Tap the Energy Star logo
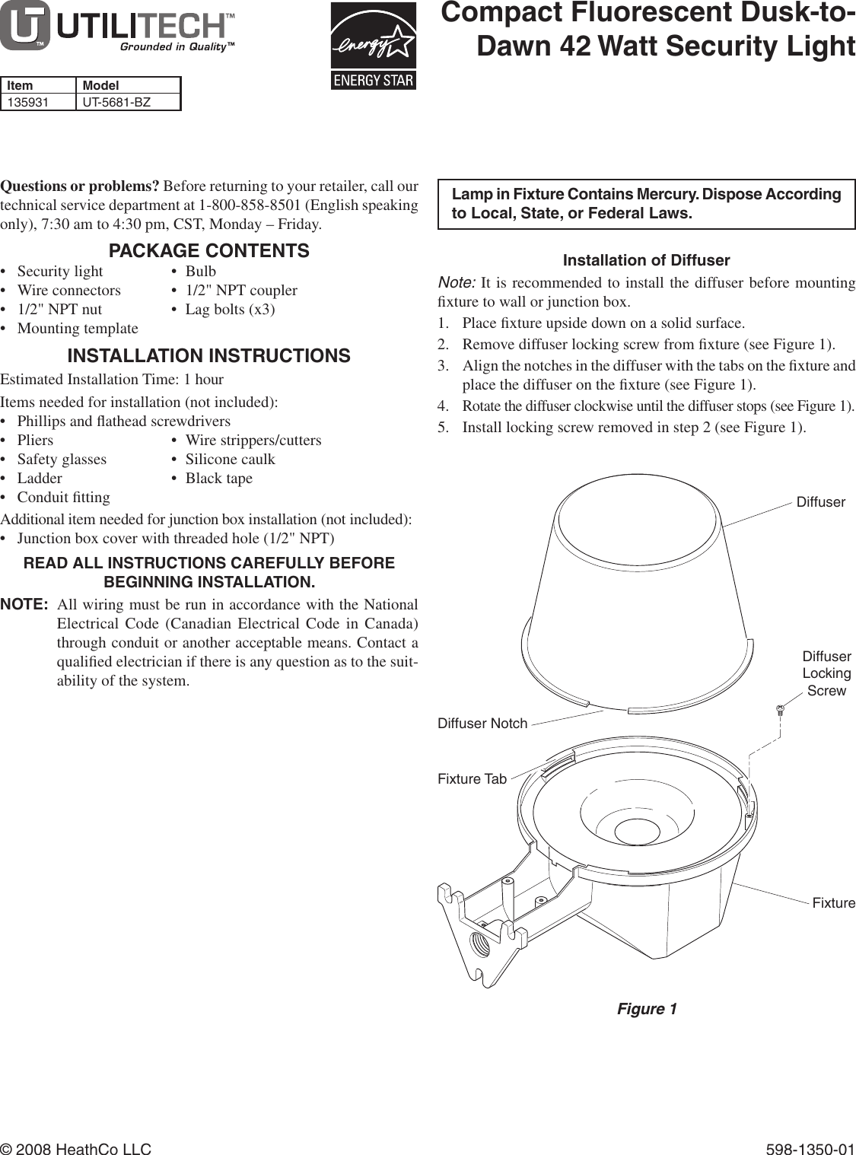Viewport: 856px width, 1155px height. [x=374, y=46]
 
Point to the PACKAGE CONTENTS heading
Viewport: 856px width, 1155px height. [x=209, y=250]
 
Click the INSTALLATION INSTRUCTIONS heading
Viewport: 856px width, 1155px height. [x=209, y=356]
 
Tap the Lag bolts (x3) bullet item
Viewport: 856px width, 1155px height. [x=230, y=309]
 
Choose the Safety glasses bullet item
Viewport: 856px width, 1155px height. [x=62, y=459]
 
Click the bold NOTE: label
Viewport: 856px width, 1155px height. [x=25, y=605]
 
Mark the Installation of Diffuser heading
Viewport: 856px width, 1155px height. [x=646, y=260]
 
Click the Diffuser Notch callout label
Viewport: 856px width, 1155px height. [x=482, y=724]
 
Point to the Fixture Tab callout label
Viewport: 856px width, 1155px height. [x=472, y=779]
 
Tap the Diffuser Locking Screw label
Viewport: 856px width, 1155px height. [x=826, y=673]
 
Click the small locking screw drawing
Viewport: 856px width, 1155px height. [x=780, y=712]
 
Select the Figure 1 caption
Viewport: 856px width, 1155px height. [x=646, y=1009]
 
